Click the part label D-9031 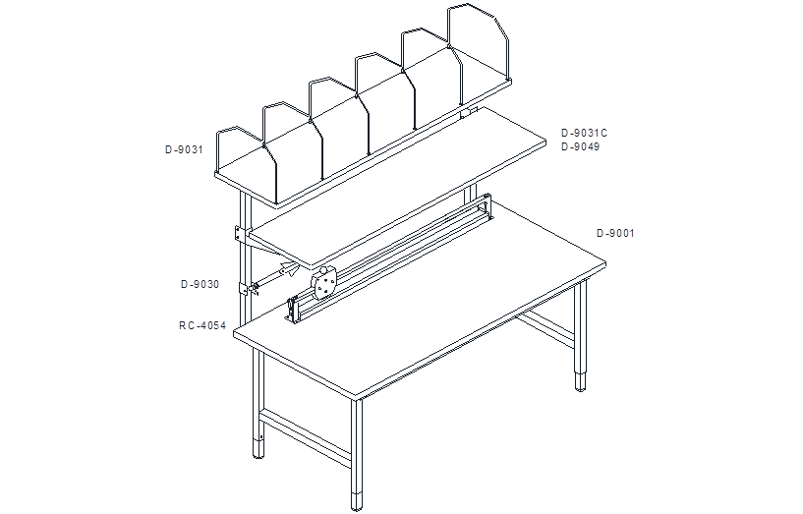click(184, 150)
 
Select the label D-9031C click(585, 133)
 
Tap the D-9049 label click(580, 147)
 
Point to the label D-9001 click(615, 234)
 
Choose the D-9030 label click(200, 285)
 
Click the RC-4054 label click(202, 325)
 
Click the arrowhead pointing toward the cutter click(290, 267)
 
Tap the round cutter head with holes click(323, 285)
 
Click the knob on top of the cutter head click(323, 271)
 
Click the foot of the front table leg click(357, 501)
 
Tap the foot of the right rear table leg click(580, 382)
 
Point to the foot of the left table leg click(259, 448)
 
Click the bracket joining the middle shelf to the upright click(240, 234)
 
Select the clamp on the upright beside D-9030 click(245, 289)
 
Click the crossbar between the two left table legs click(306, 436)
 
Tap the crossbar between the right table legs click(545, 327)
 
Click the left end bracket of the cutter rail click(291, 311)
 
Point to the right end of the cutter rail click(487, 206)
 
